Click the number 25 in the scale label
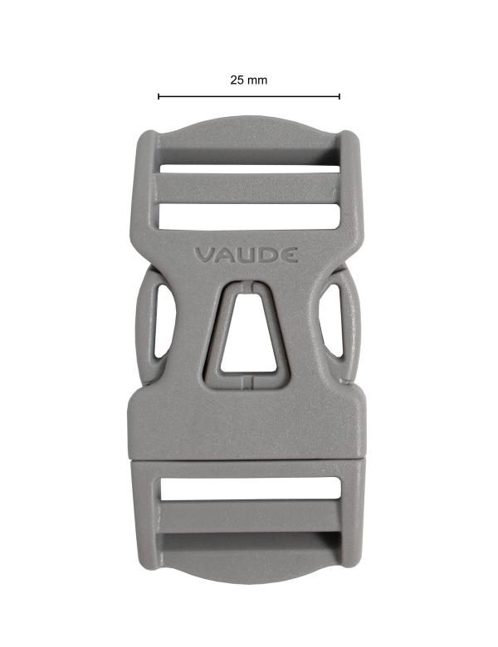[x=237, y=80]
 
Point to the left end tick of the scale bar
[x=159, y=96]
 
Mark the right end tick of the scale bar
[x=339, y=96]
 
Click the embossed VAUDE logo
[x=246, y=255]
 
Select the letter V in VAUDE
[x=204, y=255]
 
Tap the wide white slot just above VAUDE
[x=249, y=215]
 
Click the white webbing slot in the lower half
[x=249, y=489]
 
